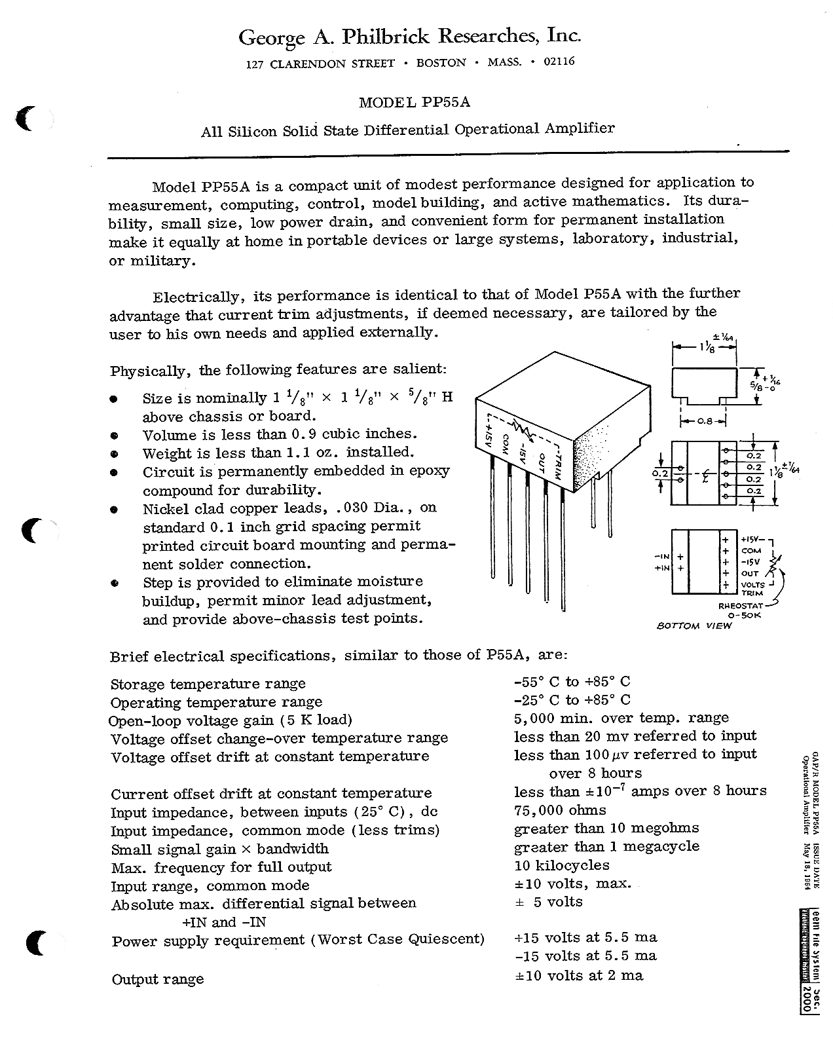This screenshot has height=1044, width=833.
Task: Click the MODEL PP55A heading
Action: pos(415,103)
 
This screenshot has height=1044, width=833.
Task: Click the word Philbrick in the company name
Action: pos(382,37)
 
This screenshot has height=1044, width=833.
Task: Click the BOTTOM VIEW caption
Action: pos(694,625)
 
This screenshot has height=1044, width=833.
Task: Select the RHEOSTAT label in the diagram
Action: pos(738,606)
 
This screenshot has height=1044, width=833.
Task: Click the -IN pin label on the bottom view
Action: pos(661,556)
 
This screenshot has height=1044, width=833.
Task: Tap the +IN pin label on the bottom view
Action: pos(661,568)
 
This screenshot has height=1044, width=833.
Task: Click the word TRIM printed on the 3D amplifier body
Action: pos(558,462)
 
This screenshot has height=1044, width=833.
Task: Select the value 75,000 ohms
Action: pos(560,810)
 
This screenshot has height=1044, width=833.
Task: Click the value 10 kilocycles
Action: pos(562,866)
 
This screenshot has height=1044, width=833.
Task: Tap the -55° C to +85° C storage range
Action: pos(572,682)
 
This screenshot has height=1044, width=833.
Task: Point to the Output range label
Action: pos(158,979)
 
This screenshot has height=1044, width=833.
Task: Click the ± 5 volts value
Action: pos(548,902)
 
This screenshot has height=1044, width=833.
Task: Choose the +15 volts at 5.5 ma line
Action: pos(585,937)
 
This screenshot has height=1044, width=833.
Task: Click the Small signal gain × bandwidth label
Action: pos(219,849)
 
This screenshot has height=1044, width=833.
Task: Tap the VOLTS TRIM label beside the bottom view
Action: pos(752,588)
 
